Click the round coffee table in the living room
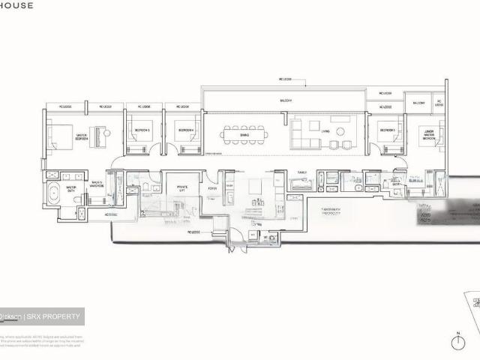(x=342, y=132)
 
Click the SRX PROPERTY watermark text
(x=53, y=316)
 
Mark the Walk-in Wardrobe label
(x=97, y=184)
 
